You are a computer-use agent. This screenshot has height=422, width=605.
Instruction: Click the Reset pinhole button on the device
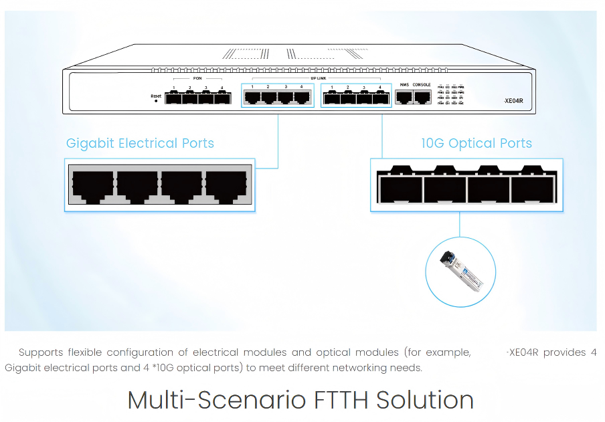coord(156,101)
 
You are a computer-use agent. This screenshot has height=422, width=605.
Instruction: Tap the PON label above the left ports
coord(197,79)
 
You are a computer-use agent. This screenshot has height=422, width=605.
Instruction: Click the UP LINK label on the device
coord(319,78)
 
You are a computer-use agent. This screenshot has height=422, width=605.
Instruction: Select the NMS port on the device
coord(404,97)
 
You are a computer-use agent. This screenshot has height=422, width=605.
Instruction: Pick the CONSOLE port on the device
coord(422,97)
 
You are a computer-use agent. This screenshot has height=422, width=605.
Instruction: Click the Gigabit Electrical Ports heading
coord(140,143)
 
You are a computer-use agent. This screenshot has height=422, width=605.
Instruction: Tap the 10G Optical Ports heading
coord(477,143)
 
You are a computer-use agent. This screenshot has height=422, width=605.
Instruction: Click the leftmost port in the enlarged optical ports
coord(400,188)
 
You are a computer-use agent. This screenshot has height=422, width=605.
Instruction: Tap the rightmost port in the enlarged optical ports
coord(531,188)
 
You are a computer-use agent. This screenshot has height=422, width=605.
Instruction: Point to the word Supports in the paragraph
coord(41,352)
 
